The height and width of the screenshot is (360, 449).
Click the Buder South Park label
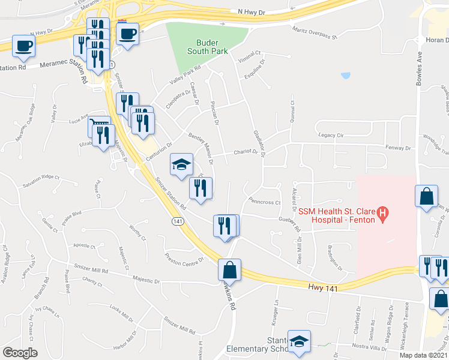211,47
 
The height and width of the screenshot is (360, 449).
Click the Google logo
20,353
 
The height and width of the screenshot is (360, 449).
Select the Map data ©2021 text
424,355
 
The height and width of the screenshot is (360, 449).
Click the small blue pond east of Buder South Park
345,76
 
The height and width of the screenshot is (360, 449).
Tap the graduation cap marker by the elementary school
298,342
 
